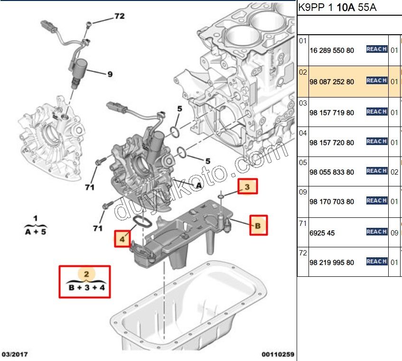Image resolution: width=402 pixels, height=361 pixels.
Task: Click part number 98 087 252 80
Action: coord(332,82)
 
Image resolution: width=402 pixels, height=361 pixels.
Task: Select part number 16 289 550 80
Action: coord(332,50)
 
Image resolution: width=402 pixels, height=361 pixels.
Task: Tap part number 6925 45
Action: coord(322,233)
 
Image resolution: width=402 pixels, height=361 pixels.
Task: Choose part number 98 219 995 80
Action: coord(332,263)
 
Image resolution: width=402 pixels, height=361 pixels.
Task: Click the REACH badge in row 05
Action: coord(376,171)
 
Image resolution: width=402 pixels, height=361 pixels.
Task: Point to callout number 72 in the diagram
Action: coord(119,16)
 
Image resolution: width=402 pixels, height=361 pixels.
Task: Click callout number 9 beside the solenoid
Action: coord(110,74)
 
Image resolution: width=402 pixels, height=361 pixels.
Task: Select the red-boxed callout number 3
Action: coord(248,187)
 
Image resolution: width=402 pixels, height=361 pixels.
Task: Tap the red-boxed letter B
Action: coord(258,225)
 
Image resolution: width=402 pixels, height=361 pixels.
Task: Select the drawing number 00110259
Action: coord(278,354)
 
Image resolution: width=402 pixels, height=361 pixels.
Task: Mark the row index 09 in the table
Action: coord(303,191)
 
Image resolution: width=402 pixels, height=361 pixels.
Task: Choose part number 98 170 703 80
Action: coord(332,202)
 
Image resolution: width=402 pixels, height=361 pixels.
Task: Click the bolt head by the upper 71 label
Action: coord(99,162)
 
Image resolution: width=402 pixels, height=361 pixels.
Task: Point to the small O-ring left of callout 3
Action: coord(222,195)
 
